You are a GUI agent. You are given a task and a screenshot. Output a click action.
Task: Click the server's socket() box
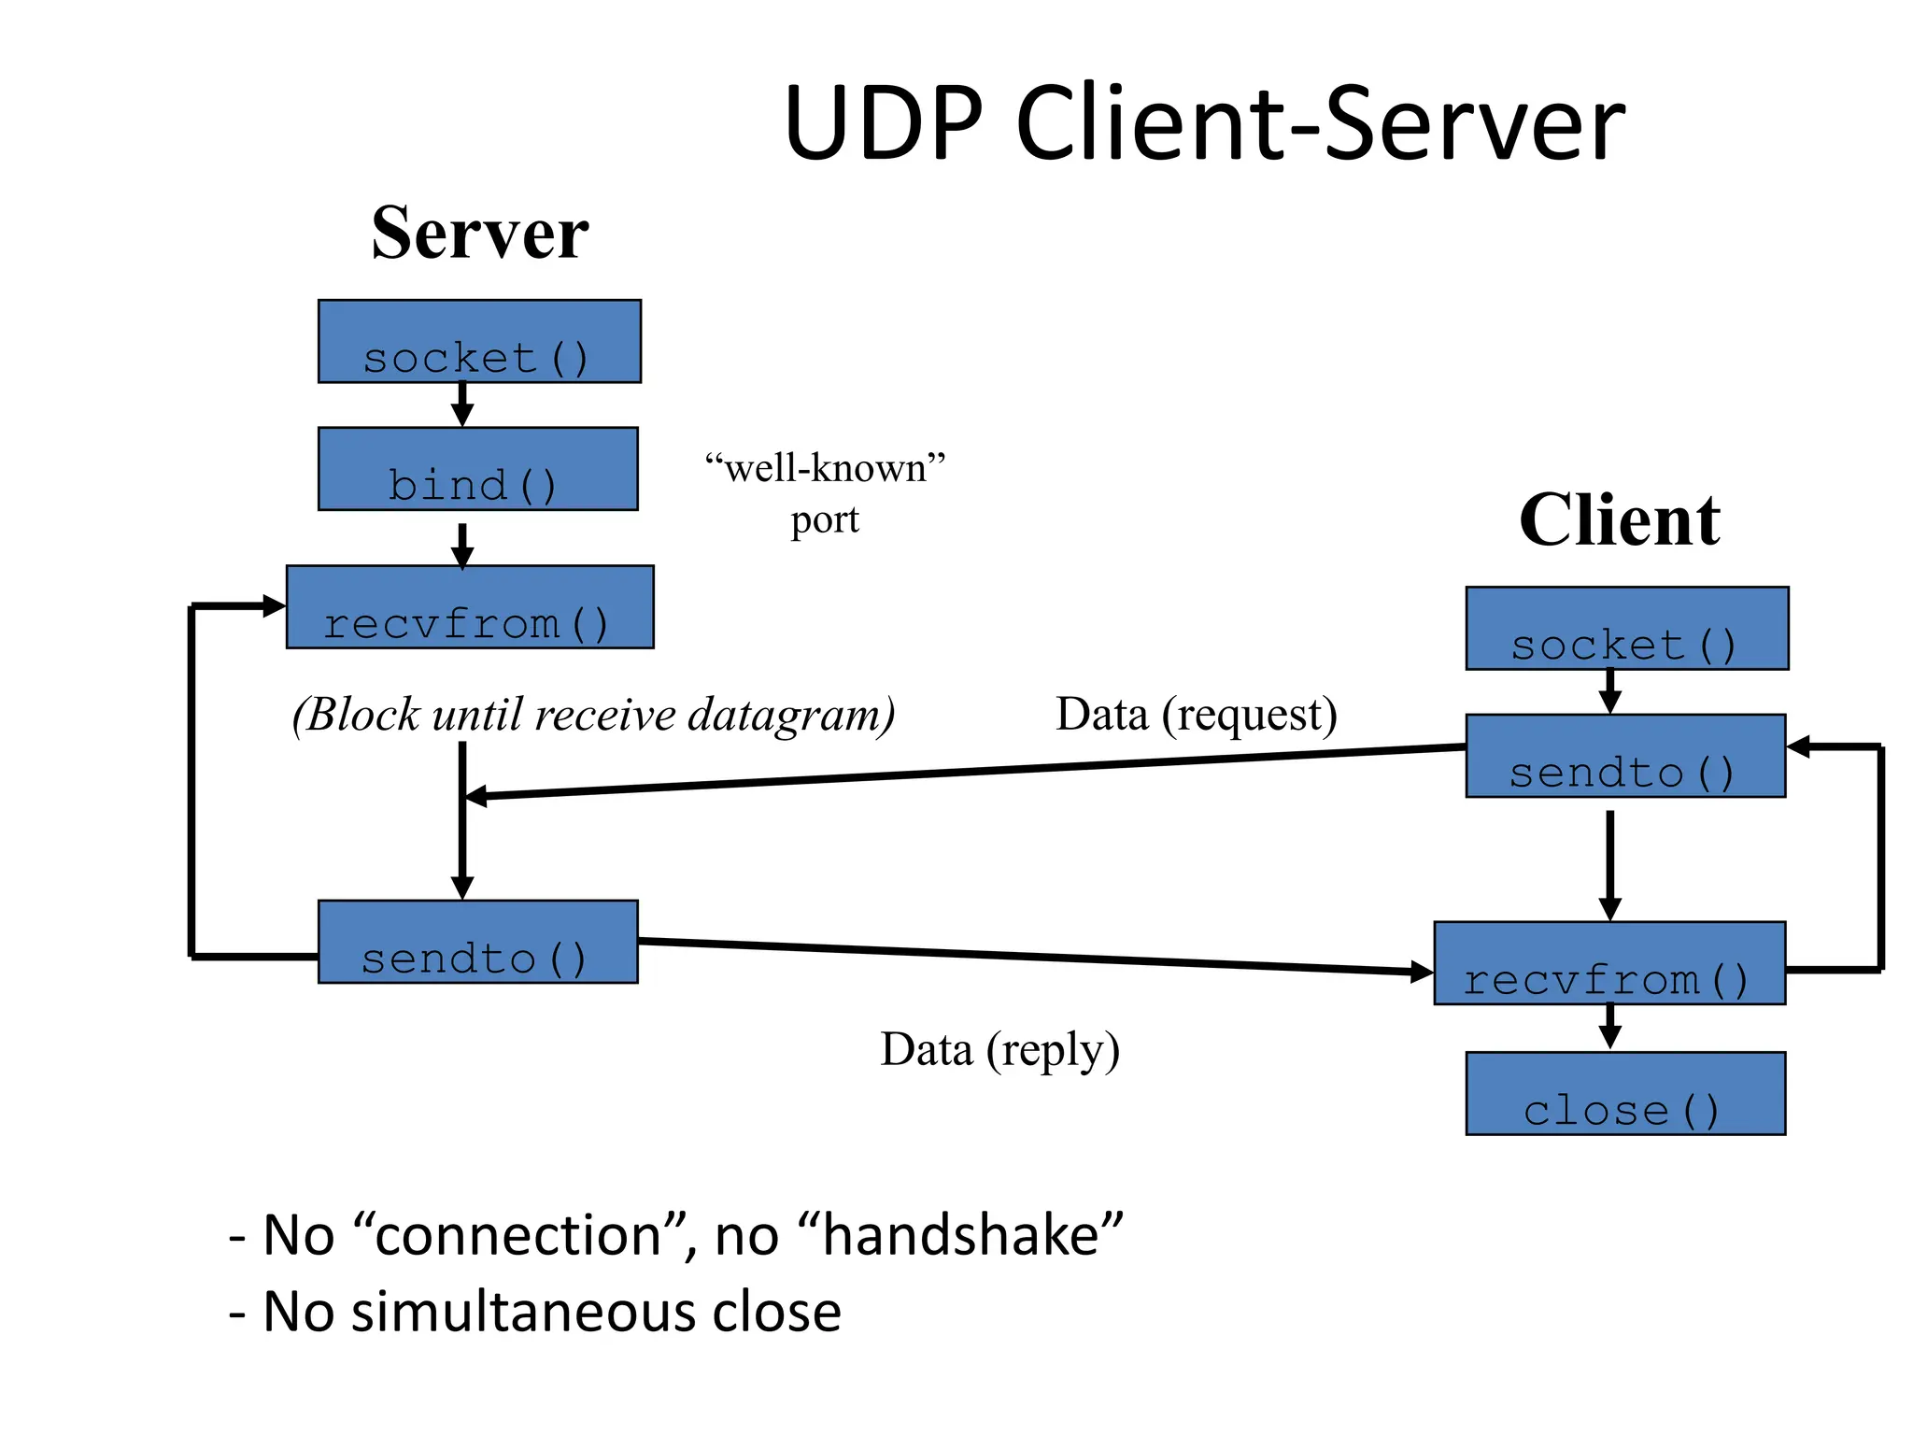tap(479, 342)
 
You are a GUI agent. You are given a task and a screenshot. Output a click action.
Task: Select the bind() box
tap(477, 469)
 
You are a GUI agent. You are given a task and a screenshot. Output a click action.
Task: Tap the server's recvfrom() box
tap(470, 607)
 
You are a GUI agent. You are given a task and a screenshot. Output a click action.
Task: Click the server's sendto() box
tap(477, 942)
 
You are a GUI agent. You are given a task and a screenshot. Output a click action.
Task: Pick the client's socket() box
tap(1627, 629)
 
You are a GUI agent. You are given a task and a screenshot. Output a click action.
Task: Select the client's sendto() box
tap(1625, 756)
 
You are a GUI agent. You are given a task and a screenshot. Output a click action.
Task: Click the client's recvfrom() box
tap(1609, 963)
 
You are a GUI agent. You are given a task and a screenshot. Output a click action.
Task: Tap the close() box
tap(1625, 1094)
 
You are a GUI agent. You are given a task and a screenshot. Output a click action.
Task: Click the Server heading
tap(479, 234)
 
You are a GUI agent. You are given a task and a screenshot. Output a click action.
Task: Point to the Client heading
tap(1619, 520)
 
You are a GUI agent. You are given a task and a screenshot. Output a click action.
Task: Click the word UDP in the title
tap(883, 124)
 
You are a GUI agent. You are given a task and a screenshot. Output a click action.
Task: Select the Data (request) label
tap(1196, 715)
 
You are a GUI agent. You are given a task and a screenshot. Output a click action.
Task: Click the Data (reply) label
tap(999, 1049)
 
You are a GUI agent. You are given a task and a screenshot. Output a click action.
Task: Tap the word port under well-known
tap(824, 519)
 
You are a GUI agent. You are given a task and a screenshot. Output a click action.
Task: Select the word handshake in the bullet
tap(961, 1235)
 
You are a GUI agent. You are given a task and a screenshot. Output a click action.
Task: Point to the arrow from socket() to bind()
tap(462, 405)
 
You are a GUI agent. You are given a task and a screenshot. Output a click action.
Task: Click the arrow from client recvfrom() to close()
tap(1609, 1028)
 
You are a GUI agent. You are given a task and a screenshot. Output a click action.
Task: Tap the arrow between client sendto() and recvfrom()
tap(1609, 864)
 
